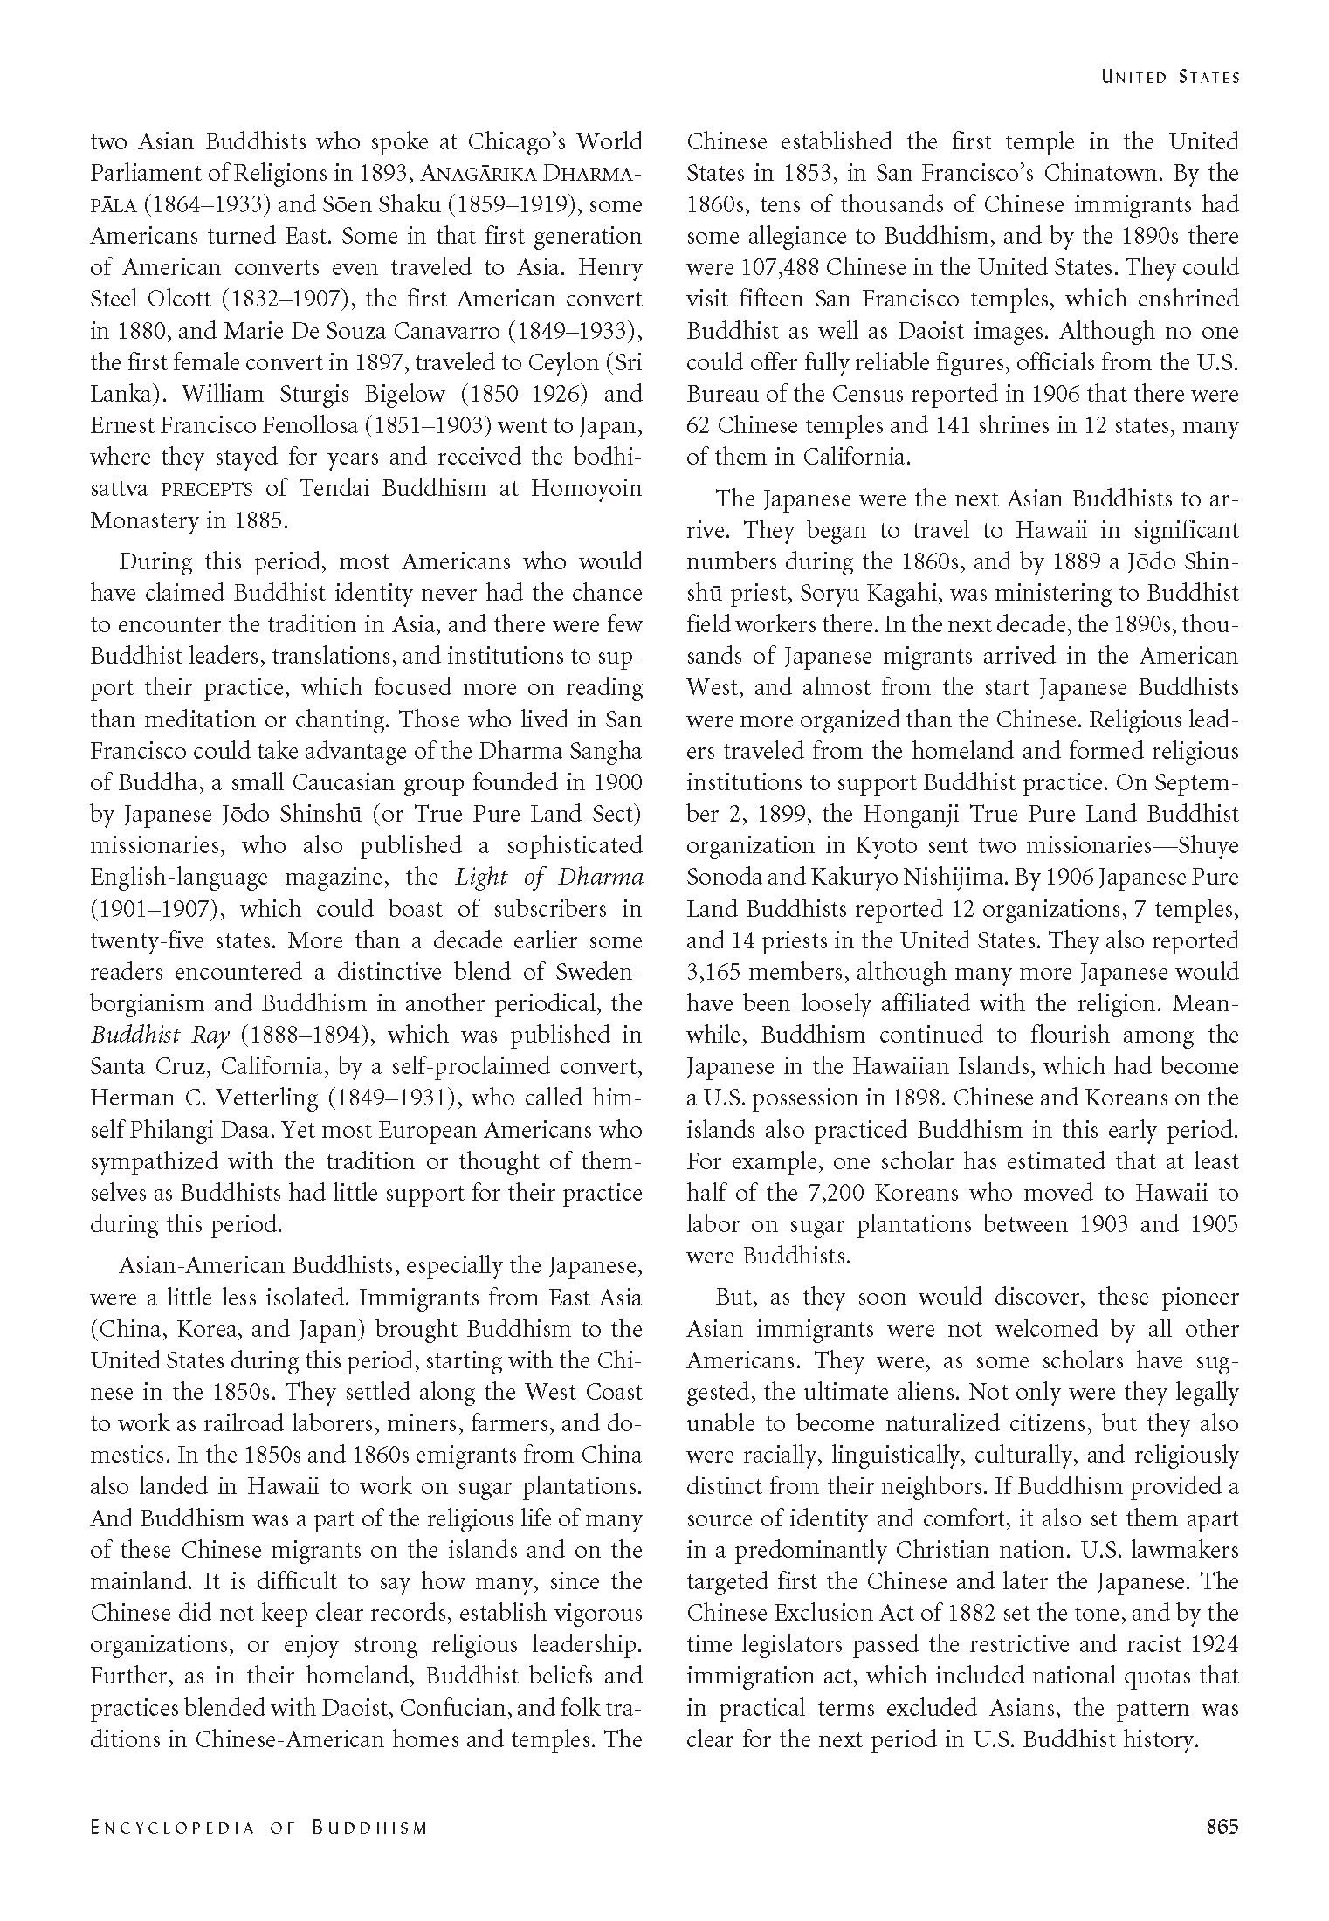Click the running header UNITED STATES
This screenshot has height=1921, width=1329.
pos(1170,77)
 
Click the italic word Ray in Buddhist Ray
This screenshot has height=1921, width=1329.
pos(212,1035)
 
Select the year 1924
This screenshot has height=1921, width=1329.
pos(1211,1644)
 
